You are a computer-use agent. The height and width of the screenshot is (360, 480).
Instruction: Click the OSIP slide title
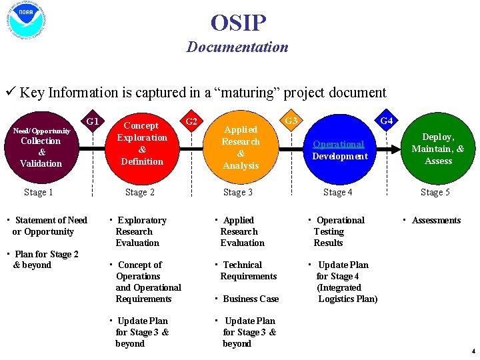coord(238,23)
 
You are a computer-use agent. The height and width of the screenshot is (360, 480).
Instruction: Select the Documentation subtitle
coord(237,47)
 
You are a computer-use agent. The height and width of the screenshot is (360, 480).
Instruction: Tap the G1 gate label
coord(93,121)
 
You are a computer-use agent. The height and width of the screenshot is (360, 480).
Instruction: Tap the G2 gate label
coord(191,121)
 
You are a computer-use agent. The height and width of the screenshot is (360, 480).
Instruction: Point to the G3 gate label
coord(291,121)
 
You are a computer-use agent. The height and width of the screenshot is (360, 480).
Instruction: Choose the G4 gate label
coord(386,121)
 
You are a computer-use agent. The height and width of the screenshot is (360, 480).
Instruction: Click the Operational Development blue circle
coord(340,150)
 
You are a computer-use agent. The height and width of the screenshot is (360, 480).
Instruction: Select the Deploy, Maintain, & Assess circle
coord(438,149)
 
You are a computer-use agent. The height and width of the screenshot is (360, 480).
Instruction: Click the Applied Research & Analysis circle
coord(241,147)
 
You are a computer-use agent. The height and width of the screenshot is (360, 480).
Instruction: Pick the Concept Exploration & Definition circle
coord(142,143)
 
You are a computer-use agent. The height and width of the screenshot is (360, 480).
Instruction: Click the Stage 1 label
coord(39,193)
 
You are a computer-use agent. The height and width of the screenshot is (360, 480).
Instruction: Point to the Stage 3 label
coord(238,193)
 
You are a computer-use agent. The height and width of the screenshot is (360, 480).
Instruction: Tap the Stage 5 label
coord(435,193)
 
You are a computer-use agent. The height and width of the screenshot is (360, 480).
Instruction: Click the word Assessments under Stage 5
coord(436,221)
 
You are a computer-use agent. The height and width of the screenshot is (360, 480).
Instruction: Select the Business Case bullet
coord(251,299)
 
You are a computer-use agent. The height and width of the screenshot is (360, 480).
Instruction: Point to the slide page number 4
coord(473,351)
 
